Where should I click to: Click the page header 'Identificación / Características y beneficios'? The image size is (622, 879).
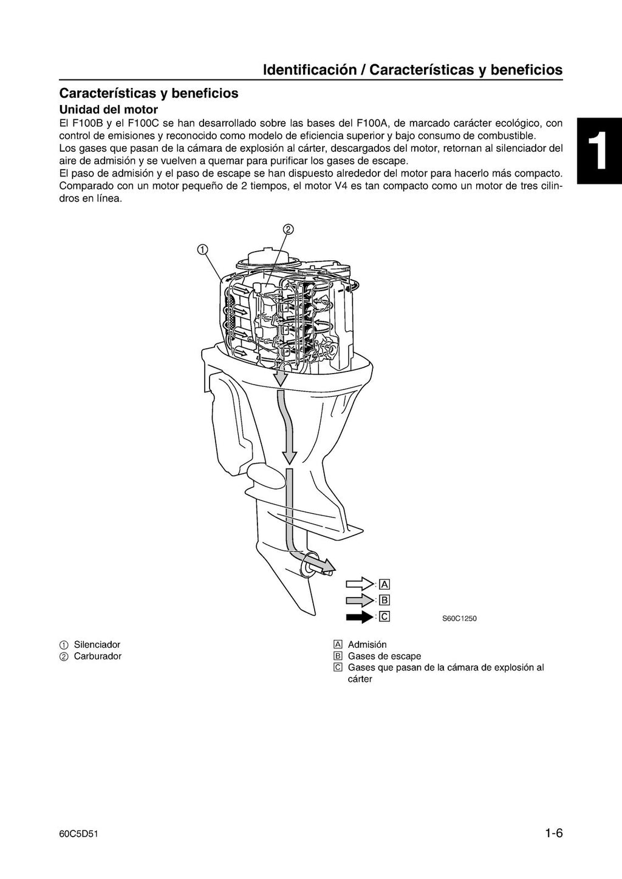[412, 70]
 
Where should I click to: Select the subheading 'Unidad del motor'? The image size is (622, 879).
[108, 110]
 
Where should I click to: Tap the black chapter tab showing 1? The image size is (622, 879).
[600, 151]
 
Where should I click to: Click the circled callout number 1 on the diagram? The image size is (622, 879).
[202, 249]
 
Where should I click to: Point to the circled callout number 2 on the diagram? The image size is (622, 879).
[288, 229]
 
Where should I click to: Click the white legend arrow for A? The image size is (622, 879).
[360, 584]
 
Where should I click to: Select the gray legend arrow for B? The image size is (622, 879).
[360, 601]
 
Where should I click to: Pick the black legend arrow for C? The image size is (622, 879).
[360, 617]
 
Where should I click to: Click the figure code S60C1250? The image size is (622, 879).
[459, 619]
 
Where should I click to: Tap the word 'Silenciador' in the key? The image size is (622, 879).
[97, 644]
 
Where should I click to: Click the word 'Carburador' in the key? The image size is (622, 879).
[98, 656]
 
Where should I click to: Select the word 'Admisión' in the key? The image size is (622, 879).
[367, 644]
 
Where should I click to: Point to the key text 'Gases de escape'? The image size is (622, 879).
[384, 656]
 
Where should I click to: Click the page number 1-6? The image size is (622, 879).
[553, 834]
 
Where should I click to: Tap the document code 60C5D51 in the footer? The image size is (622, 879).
[75, 835]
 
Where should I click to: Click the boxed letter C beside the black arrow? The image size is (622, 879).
[384, 617]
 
